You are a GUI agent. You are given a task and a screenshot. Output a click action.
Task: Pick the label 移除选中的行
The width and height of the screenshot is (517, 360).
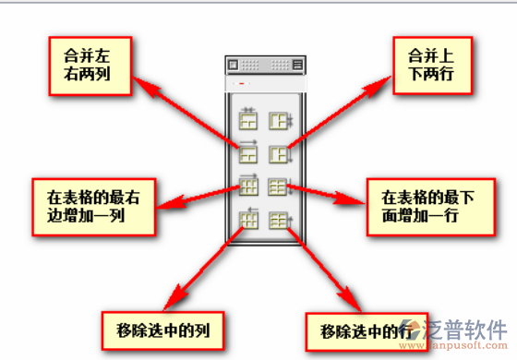pos(364,330)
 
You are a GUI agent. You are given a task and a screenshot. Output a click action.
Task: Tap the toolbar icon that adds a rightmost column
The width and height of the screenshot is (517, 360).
pos(248,186)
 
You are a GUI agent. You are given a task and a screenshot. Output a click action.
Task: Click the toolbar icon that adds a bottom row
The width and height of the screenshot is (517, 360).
pos(278,186)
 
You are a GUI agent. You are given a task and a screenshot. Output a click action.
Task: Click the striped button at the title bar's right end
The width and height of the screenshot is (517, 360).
pos(296,66)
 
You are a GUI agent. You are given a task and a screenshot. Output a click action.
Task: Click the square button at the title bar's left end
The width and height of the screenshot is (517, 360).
pos(234,66)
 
